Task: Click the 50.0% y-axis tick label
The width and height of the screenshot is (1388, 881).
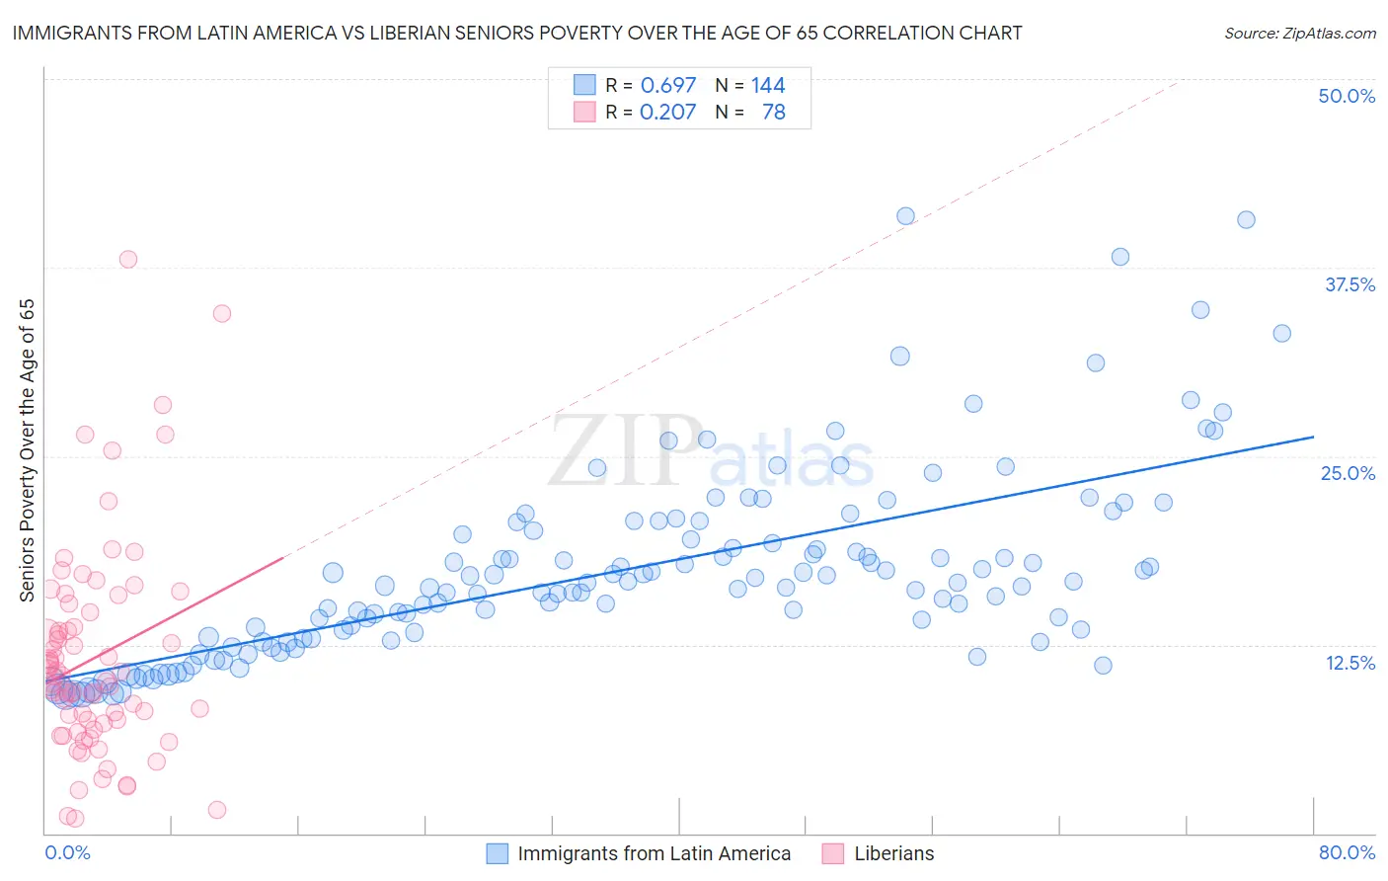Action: click(x=1347, y=96)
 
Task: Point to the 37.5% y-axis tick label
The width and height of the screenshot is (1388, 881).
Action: click(x=1349, y=284)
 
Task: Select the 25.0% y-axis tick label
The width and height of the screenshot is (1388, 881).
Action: click(x=1348, y=473)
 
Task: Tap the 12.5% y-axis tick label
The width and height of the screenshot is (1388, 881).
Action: click(x=1349, y=662)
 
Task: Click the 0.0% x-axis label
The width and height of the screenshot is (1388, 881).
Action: click(x=67, y=852)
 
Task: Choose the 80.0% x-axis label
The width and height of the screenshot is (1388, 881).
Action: click(x=1347, y=852)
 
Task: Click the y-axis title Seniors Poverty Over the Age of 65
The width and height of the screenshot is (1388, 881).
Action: click(x=27, y=449)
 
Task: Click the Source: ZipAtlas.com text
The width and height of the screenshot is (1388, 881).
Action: click(x=1299, y=33)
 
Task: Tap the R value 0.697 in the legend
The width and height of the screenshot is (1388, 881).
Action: click(x=668, y=85)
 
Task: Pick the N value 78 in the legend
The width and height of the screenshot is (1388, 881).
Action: click(x=774, y=112)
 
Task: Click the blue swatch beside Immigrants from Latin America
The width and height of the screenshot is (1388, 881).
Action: click(x=498, y=853)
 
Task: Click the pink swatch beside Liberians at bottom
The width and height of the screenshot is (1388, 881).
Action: click(x=834, y=853)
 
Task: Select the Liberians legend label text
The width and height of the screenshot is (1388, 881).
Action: click(x=893, y=853)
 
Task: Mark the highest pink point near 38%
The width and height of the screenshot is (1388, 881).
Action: click(x=128, y=260)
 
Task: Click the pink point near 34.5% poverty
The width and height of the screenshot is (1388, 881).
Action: click(x=222, y=313)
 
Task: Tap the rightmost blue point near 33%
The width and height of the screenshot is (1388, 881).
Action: click(x=1281, y=333)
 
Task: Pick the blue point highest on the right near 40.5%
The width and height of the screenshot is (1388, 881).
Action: click(x=1246, y=220)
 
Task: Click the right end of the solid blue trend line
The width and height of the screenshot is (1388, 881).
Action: click(x=1313, y=436)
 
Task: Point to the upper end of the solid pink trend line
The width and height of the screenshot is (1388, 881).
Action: click(x=283, y=558)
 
